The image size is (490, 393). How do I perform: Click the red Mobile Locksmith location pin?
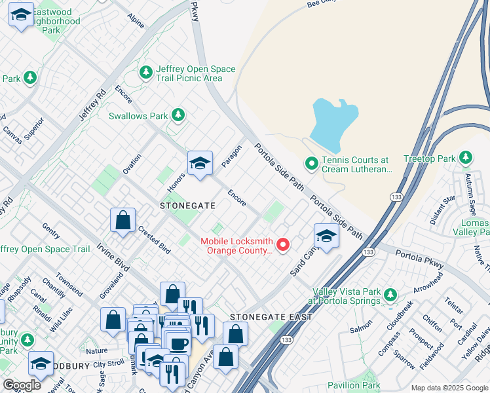tap(283, 245)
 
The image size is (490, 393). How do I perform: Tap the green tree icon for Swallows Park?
tap(178, 115)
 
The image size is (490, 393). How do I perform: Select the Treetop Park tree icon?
tap(466, 158)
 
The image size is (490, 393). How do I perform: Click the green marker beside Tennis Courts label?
tap(312, 163)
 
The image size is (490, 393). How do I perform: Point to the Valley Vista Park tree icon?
tap(390, 295)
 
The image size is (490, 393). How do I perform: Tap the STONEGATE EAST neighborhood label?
tap(270, 317)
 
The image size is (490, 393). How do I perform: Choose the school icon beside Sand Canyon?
tap(326, 236)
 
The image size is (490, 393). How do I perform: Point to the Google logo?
tap(22, 385)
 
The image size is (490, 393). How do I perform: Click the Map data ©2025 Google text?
tap(449, 388)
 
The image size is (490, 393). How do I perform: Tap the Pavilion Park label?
tap(354, 385)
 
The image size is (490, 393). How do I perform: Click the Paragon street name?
tap(232, 157)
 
